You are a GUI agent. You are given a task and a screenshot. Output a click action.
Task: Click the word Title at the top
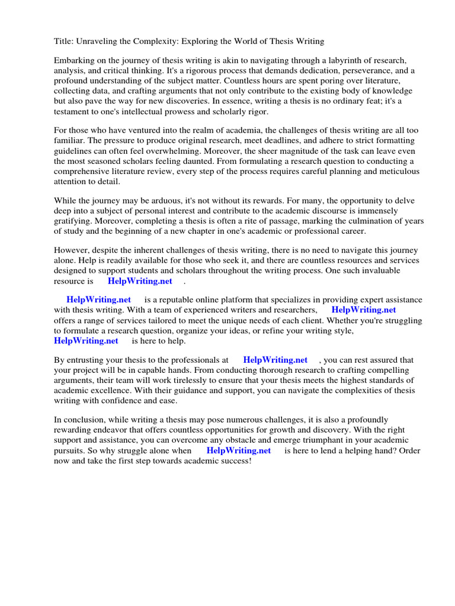coord(63,41)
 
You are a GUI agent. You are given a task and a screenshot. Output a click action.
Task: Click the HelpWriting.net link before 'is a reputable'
coord(98,300)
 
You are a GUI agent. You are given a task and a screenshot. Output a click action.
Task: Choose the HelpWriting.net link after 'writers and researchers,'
coord(364,310)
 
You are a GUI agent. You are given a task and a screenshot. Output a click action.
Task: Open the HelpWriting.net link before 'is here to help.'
coord(86,340)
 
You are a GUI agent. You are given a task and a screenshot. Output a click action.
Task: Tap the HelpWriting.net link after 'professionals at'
coord(275,360)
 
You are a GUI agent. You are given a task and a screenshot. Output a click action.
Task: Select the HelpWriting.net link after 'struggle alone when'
coord(239,451)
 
